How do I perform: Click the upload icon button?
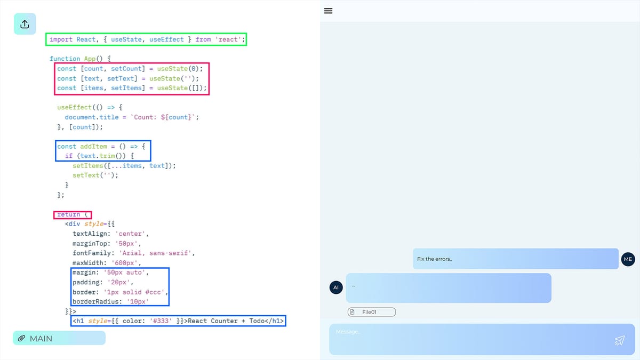pyautogui.click(x=25, y=24)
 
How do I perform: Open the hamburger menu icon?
pyautogui.click(x=329, y=11)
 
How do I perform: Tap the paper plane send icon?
pyautogui.click(x=619, y=340)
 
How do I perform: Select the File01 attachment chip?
pyautogui.click(x=371, y=312)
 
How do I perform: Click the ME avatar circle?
pyautogui.click(x=628, y=259)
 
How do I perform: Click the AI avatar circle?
pyautogui.click(x=336, y=287)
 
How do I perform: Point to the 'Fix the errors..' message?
pyautogui.click(x=435, y=259)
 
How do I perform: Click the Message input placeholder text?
pyautogui.click(x=348, y=332)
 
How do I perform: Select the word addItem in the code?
pyautogui.click(x=94, y=146)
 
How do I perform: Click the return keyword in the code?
pyautogui.click(x=69, y=214)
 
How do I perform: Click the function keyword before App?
pyautogui.click(x=65, y=59)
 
